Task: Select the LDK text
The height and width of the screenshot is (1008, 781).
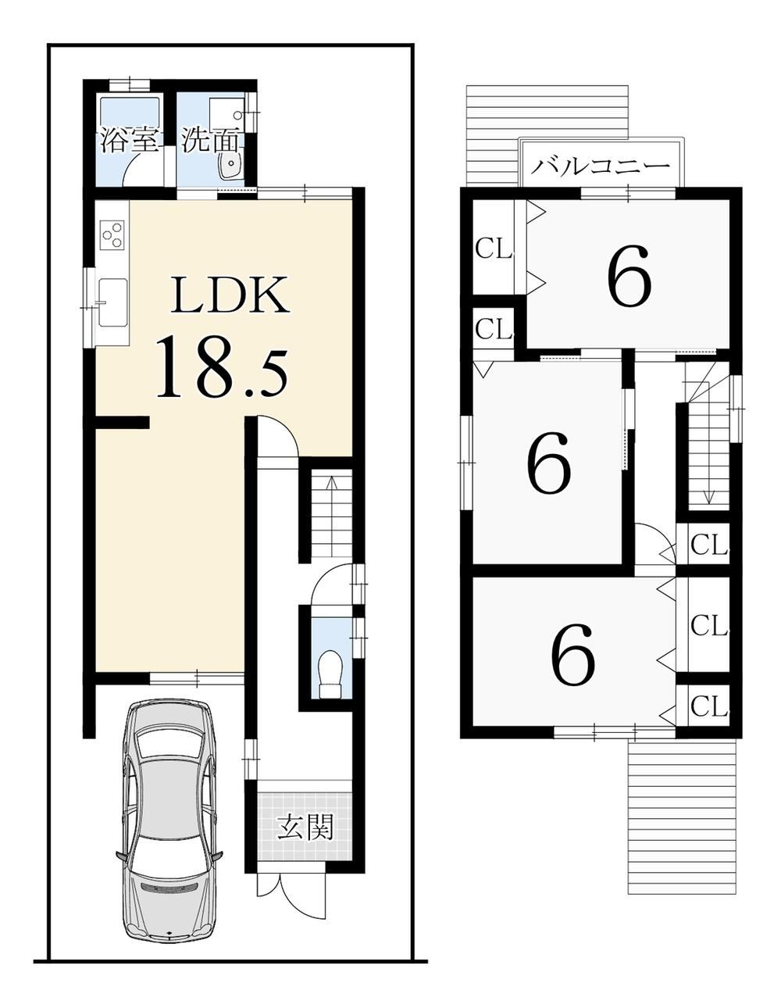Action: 230,295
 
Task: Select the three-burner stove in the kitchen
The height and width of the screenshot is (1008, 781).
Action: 113,235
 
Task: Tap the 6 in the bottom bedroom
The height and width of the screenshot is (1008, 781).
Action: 573,654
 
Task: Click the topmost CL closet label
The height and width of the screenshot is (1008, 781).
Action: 494,251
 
